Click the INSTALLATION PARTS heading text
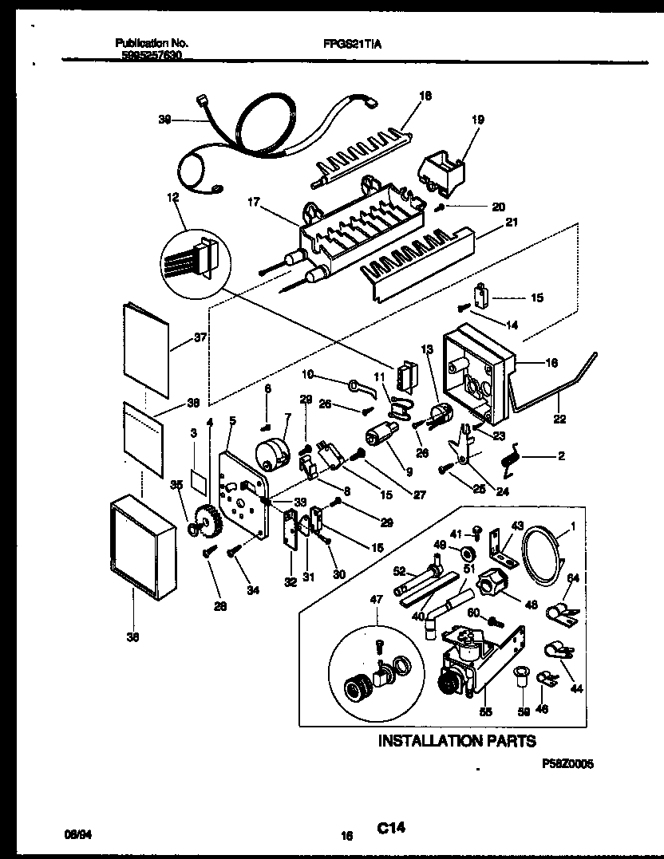click(456, 742)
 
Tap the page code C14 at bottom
click(391, 829)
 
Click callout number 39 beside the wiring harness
click(164, 120)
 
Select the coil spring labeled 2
click(509, 459)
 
